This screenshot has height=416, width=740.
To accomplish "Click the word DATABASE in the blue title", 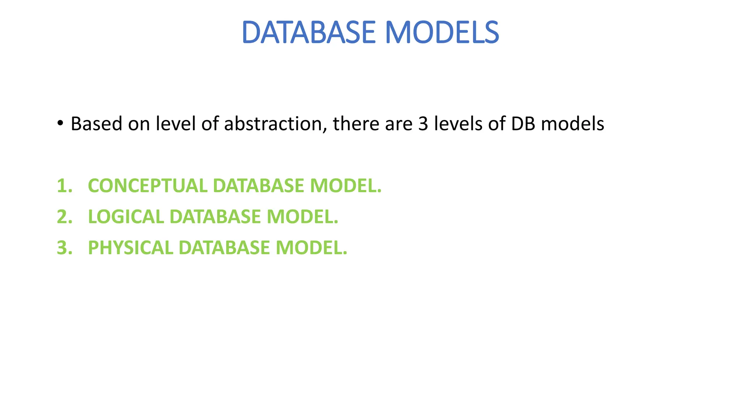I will (309, 32).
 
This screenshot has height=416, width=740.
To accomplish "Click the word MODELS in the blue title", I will (442, 32).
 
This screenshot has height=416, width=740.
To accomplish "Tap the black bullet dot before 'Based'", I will (60, 123).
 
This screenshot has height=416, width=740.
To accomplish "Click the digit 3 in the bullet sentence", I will (423, 124).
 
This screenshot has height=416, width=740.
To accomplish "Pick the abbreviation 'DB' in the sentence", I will (523, 124).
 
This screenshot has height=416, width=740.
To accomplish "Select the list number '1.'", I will (65, 186).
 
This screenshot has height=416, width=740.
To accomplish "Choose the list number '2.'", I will (65, 217).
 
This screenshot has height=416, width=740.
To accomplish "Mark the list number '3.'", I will (65, 248).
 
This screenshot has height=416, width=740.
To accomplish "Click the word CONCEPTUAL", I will (147, 186).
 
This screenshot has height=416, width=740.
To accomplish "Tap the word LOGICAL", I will (126, 217).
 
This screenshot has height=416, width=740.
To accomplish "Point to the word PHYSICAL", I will (130, 248).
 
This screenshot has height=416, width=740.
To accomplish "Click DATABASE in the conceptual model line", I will (259, 186).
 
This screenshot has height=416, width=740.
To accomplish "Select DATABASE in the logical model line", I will (215, 217).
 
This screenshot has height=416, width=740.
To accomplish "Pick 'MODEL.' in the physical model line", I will (311, 248).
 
